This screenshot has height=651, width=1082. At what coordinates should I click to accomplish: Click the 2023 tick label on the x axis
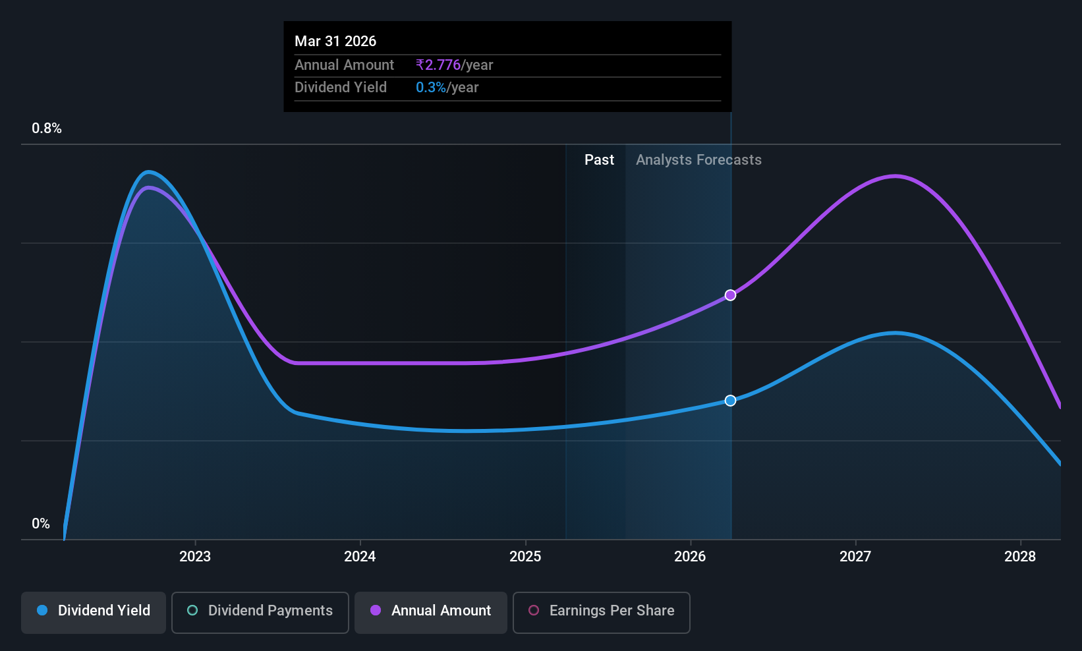coord(195,556)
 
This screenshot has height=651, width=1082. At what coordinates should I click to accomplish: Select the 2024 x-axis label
coord(360,556)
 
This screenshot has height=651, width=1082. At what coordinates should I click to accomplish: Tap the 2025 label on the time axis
coord(526,556)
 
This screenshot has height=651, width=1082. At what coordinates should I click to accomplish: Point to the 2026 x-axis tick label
coord(691,556)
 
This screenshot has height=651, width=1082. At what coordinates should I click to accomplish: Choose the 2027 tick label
coord(855,556)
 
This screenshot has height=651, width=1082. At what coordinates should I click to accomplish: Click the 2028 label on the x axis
coord(1020,556)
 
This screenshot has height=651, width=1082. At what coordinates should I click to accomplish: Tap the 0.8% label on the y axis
coord(47,128)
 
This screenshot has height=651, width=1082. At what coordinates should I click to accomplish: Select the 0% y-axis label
coord(41,524)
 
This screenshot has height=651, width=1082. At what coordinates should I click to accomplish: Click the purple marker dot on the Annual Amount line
coord(730,295)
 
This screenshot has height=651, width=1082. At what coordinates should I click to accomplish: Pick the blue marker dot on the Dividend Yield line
coord(730,401)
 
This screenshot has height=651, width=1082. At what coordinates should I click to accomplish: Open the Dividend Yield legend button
coord(93,612)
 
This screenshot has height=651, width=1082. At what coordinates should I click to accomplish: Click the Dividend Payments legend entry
coord(260,612)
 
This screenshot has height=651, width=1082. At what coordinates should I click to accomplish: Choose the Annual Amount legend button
coord(431,612)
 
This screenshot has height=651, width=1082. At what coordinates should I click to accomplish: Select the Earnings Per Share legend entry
coord(602,612)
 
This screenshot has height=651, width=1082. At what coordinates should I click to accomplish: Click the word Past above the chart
coord(600,160)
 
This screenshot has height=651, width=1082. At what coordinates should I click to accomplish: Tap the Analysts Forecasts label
coord(698,160)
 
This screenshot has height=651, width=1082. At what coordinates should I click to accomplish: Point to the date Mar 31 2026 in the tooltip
coord(335,41)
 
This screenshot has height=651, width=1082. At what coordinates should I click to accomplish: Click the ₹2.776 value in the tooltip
coord(438,65)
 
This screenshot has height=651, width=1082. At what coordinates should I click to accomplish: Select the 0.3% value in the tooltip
coord(431,88)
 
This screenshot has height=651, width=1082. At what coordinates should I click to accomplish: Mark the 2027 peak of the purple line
coord(895,177)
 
